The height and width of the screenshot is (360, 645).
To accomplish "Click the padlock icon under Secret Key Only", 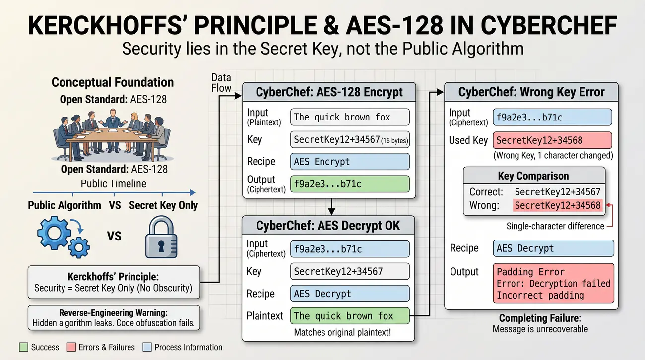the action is click(161, 237).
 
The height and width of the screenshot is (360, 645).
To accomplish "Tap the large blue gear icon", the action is click(54, 233).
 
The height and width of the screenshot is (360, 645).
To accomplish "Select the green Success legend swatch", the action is click(24, 347).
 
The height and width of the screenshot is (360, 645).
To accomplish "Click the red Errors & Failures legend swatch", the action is click(71, 347).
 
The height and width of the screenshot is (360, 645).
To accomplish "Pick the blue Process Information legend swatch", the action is click(147, 347).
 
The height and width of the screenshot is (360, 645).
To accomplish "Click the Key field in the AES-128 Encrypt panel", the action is click(350, 139).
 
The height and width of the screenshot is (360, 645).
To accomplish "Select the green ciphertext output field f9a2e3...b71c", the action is click(350, 184).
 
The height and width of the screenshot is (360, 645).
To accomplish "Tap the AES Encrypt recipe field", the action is click(350, 162).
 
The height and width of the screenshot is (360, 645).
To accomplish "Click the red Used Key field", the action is click(553, 140).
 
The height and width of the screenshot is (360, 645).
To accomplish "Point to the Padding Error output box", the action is click(553, 284).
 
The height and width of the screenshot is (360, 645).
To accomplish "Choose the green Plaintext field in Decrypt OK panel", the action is click(350, 316).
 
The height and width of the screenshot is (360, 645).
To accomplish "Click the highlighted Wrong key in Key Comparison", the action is click(558, 205).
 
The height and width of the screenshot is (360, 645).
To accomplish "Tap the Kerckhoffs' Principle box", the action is click(114, 282).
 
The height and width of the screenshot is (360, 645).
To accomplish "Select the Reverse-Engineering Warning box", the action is click(114, 318).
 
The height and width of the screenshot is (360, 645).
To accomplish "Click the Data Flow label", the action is click(221, 83).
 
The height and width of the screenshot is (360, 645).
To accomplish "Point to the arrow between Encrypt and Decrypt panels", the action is click(332, 207).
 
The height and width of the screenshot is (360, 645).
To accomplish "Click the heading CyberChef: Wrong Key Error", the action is click(531, 92).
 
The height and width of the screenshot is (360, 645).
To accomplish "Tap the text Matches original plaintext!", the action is click(342, 332).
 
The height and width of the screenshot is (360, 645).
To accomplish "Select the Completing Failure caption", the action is click(540, 323).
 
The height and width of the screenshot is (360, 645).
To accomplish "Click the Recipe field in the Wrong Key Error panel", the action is click(553, 248).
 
